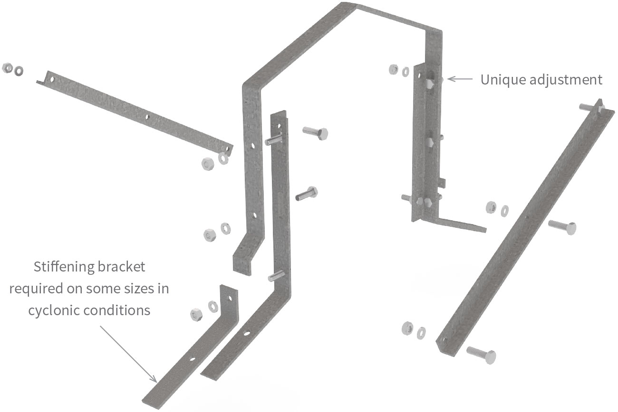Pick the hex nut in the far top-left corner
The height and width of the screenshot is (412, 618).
[8, 68]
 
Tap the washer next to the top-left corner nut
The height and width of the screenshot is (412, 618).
[19, 71]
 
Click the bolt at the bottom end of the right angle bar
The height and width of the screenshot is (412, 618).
[481, 354]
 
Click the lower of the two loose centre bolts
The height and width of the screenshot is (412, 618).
[306, 193]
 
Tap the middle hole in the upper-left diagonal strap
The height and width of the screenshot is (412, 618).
[147, 116]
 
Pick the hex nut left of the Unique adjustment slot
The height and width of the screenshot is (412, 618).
[394, 70]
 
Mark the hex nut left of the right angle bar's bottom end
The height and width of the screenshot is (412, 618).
[407, 328]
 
